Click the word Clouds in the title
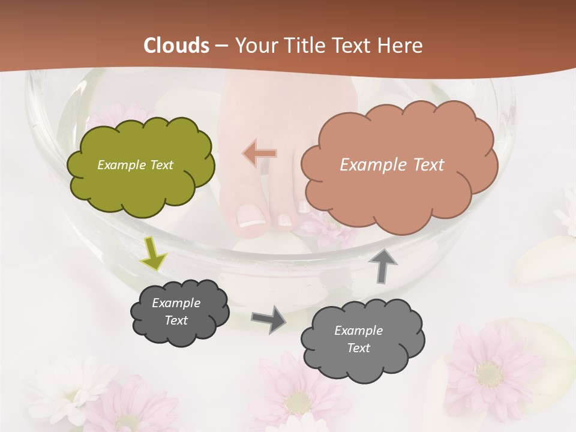coord(176,46)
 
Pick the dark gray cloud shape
coord(179,312)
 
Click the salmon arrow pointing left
coord(260,154)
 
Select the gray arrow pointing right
coord(269,319)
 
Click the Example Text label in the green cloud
coord(135,165)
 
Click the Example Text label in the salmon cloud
coord(392,165)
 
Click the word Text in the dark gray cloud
coord(176,320)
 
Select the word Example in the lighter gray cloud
coord(358,331)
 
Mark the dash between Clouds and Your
coord(221,46)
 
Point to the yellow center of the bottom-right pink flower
coord(490,374)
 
